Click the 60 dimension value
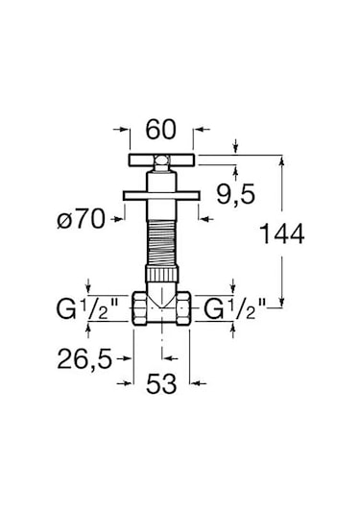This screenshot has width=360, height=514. pos(160,130)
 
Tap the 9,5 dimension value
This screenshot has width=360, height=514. pos(235,194)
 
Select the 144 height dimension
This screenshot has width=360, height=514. pos(281,233)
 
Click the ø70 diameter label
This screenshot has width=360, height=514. pos(82,219)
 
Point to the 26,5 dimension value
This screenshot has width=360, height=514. pos(84,359)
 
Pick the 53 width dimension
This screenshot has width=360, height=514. pos(161,383)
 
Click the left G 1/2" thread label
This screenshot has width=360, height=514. pos(89,309)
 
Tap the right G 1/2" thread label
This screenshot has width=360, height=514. pos(234,309)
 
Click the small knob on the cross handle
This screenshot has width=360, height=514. pos(161,160)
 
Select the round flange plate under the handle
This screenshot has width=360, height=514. pos(161,196)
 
